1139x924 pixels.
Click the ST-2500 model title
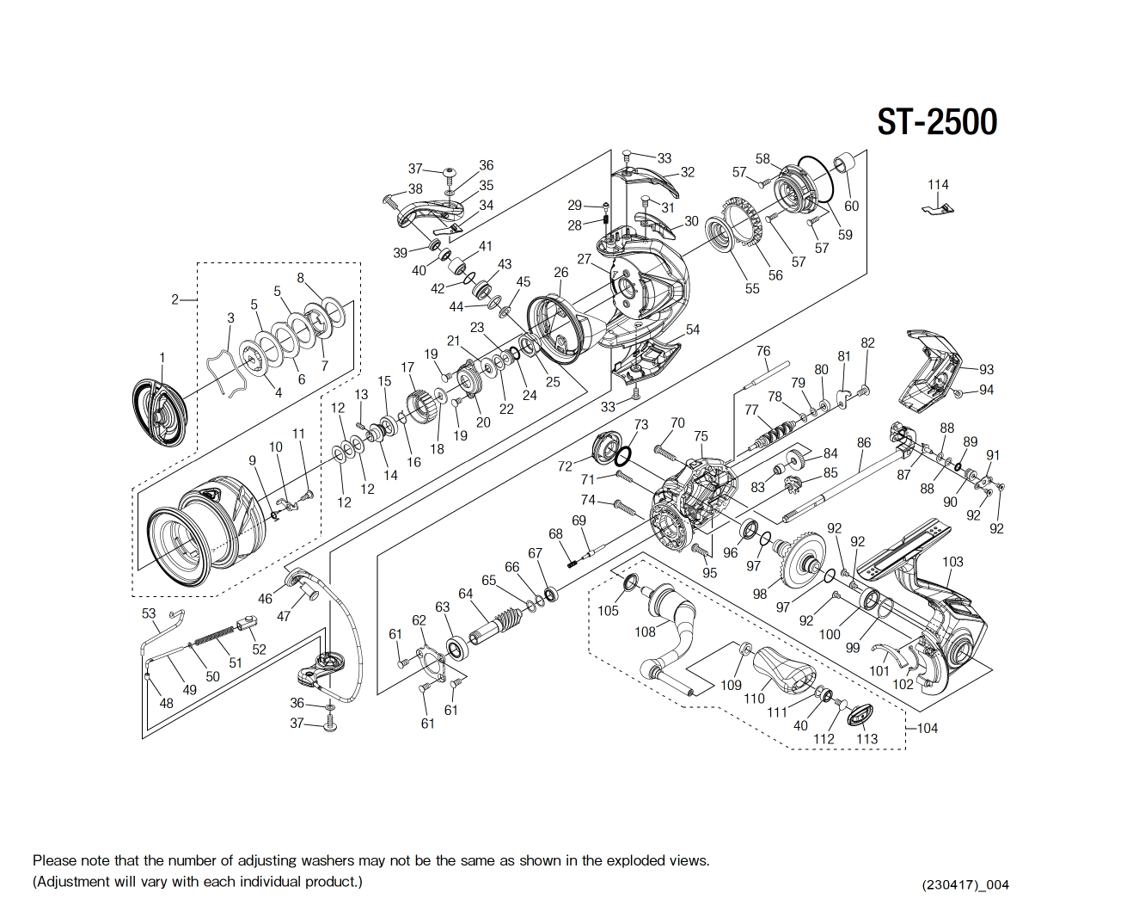[x=937, y=122]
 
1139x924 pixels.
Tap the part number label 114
[x=938, y=185]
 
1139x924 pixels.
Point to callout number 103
[x=952, y=562]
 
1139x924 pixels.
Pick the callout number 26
[x=560, y=273]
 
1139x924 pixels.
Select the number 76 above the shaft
[x=763, y=351]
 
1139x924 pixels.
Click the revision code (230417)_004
[x=965, y=884]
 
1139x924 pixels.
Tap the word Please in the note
[x=54, y=860]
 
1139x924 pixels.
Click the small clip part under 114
[x=939, y=208]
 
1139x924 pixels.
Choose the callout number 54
[x=693, y=330]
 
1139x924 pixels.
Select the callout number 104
[x=928, y=728]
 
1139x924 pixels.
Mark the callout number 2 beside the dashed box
[x=175, y=299]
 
